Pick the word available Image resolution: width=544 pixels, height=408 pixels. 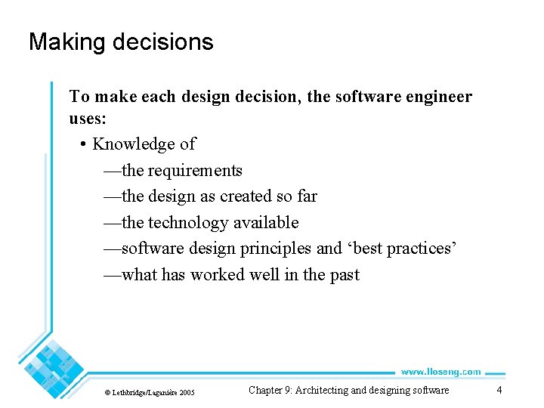(x=267, y=223)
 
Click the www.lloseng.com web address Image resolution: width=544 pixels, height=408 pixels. (x=440, y=372)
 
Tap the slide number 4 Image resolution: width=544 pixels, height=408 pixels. (x=499, y=390)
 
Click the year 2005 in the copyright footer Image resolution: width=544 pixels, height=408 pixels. (x=187, y=392)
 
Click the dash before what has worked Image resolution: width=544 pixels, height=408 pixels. (x=112, y=275)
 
